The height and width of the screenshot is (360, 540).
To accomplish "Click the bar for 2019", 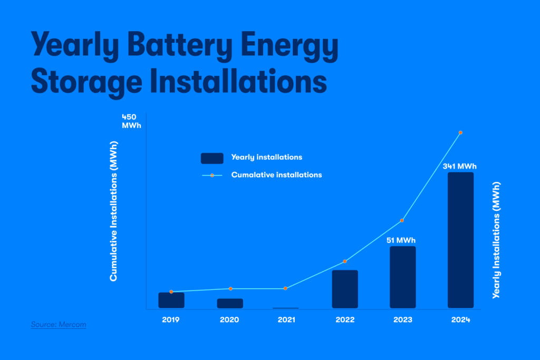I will point(171,300).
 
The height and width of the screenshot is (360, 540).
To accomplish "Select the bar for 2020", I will point(230,303).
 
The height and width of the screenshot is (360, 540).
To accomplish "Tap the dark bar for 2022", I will point(345,289).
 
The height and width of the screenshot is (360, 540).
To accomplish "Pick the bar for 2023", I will point(403,277).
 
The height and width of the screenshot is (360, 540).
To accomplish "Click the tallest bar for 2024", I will point(460,240).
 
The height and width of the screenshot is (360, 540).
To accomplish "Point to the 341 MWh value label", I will point(459,166).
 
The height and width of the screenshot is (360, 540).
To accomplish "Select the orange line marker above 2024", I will point(460,132).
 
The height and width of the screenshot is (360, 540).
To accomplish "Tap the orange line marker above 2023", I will point(402,220).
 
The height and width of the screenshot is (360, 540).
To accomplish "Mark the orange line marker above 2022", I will point(345,261).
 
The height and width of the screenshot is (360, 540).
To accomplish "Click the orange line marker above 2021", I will point(285,288).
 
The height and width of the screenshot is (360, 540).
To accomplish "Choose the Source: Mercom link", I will point(58,325).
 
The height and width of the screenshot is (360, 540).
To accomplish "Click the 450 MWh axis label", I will point(131,121).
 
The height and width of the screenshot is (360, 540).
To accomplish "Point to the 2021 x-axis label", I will point(286,320).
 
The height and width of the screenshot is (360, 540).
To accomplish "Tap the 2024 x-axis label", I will point(460,320).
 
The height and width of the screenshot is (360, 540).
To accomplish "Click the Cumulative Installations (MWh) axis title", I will point(113,210).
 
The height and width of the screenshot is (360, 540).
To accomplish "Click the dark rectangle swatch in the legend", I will point(212,158).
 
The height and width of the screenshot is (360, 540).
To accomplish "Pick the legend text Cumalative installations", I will point(276,174).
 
